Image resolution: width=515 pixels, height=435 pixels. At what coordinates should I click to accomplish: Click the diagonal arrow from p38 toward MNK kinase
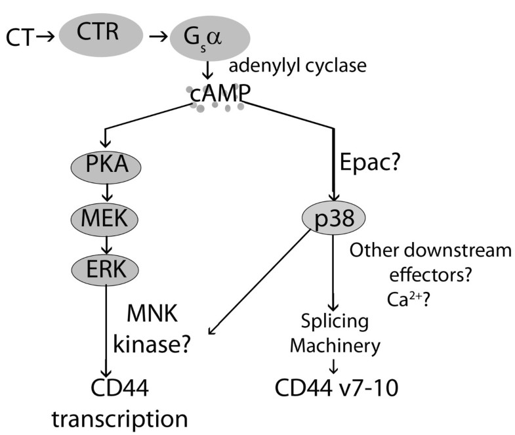(x=262, y=283)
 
